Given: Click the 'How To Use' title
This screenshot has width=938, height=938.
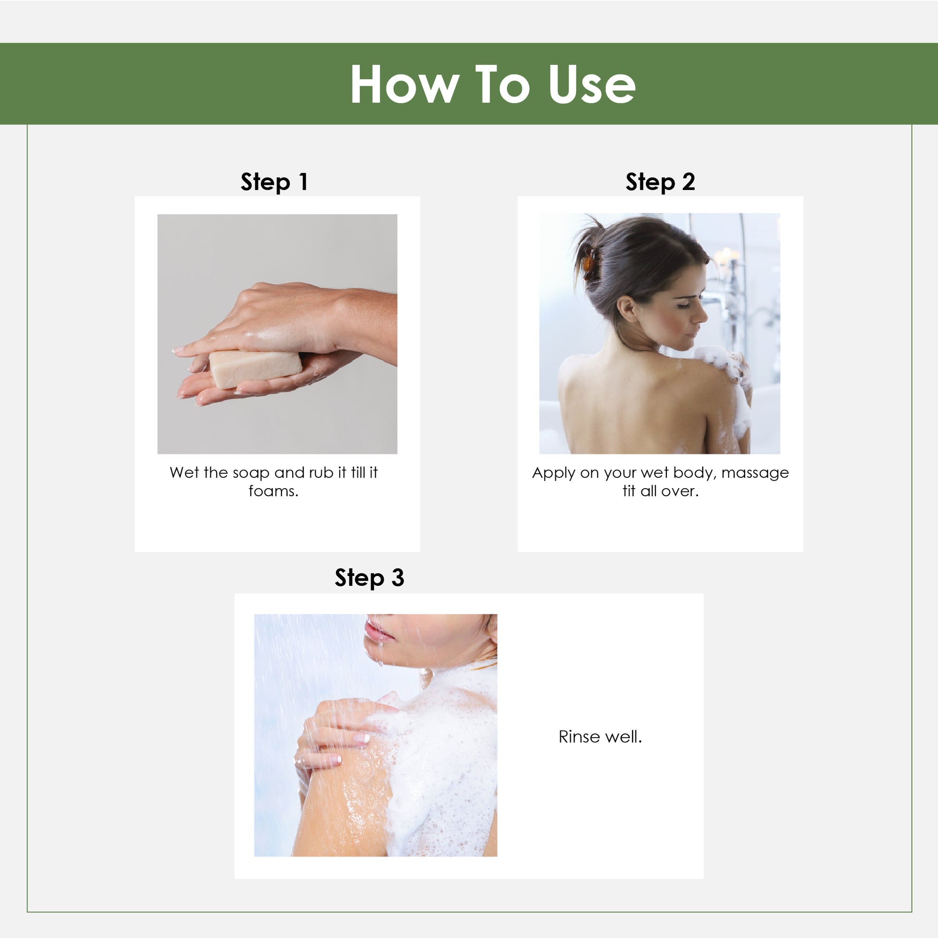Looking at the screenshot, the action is point(492,84).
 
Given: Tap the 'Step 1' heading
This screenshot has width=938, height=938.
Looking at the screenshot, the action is point(274,182).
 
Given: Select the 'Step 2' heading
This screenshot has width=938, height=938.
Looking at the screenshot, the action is point(660,182).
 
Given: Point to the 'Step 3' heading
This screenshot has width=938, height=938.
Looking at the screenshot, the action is point(369,578).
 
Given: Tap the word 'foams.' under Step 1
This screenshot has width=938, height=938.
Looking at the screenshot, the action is point(273,491).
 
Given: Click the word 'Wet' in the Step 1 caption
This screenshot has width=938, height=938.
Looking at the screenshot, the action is point(184,472).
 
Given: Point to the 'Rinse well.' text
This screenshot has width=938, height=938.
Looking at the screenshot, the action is point(600,736).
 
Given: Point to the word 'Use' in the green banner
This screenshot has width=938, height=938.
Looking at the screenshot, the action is point(592,84).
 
